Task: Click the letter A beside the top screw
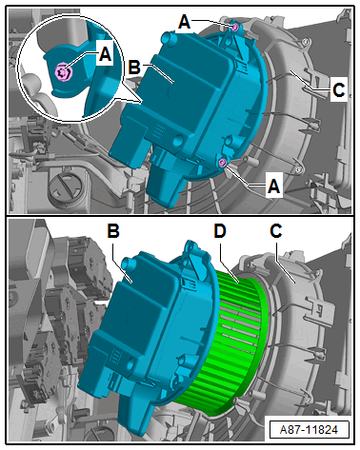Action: (185, 23)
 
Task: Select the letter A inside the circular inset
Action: (105, 53)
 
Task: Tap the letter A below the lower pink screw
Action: (273, 186)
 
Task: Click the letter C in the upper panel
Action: (339, 90)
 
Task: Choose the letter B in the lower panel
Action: (113, 231)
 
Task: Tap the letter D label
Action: (220, 231)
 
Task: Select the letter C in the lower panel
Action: (276, 231)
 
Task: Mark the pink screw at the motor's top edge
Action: (234, 28)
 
